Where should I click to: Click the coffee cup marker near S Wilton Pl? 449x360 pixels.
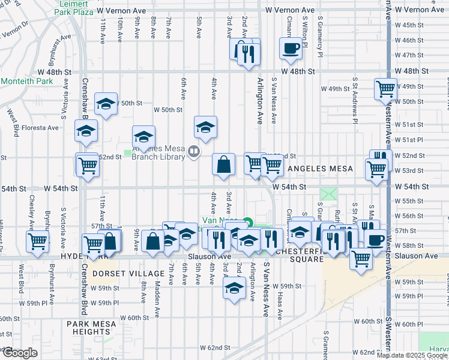pyautogui.click(x=291, y=49)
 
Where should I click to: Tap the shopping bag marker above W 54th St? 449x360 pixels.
pyautogui.click(x=223, y=164)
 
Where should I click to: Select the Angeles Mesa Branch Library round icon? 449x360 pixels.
pyautogui.click(x=194, y=152)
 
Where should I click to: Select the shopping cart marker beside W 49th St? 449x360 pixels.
pyautogui.click(x=385, y=89)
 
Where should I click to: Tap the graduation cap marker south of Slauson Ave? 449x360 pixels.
pyautogui.click(x=234, y=289)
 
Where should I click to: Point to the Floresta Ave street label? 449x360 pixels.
pyautogui.click(x=40, y=127)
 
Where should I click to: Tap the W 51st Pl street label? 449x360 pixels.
pyautogui.click(x=412, y=140)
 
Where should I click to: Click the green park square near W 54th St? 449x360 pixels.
pyautogui.click(x=329, y=194)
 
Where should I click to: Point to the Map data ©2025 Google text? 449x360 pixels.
pyautogui.click(x=411, y=355)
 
